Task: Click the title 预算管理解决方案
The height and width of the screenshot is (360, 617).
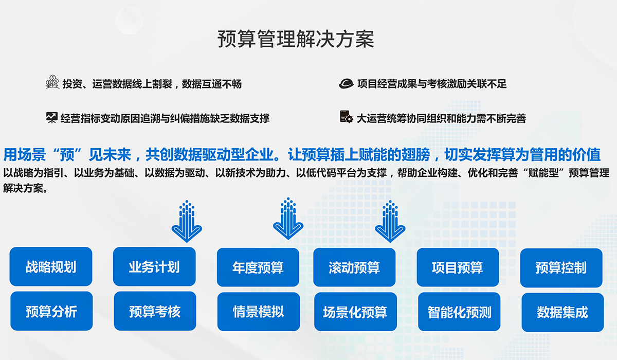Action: (x=296, y=39)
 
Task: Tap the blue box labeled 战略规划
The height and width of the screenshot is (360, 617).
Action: (x=51, y=267)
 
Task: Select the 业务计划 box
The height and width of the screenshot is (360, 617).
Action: (x=154, y=267)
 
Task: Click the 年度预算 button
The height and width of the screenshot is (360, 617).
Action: (x=258, y=267)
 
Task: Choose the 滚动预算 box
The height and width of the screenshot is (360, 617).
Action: (x=354, y=267)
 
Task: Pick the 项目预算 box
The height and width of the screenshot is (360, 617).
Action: (x=458, y=267)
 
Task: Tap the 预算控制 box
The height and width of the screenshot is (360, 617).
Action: (x=561, y=267)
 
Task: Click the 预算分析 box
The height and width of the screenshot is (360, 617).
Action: (x=51, y=311)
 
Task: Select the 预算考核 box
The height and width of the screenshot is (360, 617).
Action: (x=155, y=311)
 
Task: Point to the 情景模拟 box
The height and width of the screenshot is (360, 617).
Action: (x=258, y=312)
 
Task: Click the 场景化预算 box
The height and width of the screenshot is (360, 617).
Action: (x=355, y=312)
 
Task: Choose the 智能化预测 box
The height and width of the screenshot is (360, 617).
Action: (x=459, y=312)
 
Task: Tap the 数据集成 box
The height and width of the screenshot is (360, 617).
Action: (x=562, y=312)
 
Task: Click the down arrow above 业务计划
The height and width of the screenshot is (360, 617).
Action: (x=186, y=221)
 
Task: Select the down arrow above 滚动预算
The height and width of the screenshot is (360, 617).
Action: (x=390, y=221)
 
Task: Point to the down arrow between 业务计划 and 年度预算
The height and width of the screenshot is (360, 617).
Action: (x=288, y=219)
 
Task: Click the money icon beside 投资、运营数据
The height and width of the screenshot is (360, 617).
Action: (x=52, y=82)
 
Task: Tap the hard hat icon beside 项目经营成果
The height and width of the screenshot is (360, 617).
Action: (x=346, y=83)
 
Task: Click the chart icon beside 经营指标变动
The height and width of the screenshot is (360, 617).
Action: (x=51, y=117)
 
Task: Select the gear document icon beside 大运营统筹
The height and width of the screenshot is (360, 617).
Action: (x=346, y=117)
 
